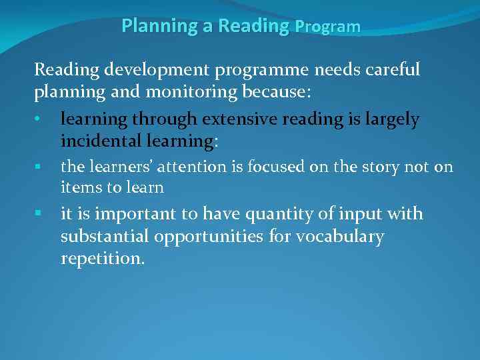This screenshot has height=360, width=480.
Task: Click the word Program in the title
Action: [327, 27]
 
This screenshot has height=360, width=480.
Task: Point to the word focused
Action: [273, 167]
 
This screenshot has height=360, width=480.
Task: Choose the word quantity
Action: [271, 214]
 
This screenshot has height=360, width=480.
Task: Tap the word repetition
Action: [102, 259]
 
